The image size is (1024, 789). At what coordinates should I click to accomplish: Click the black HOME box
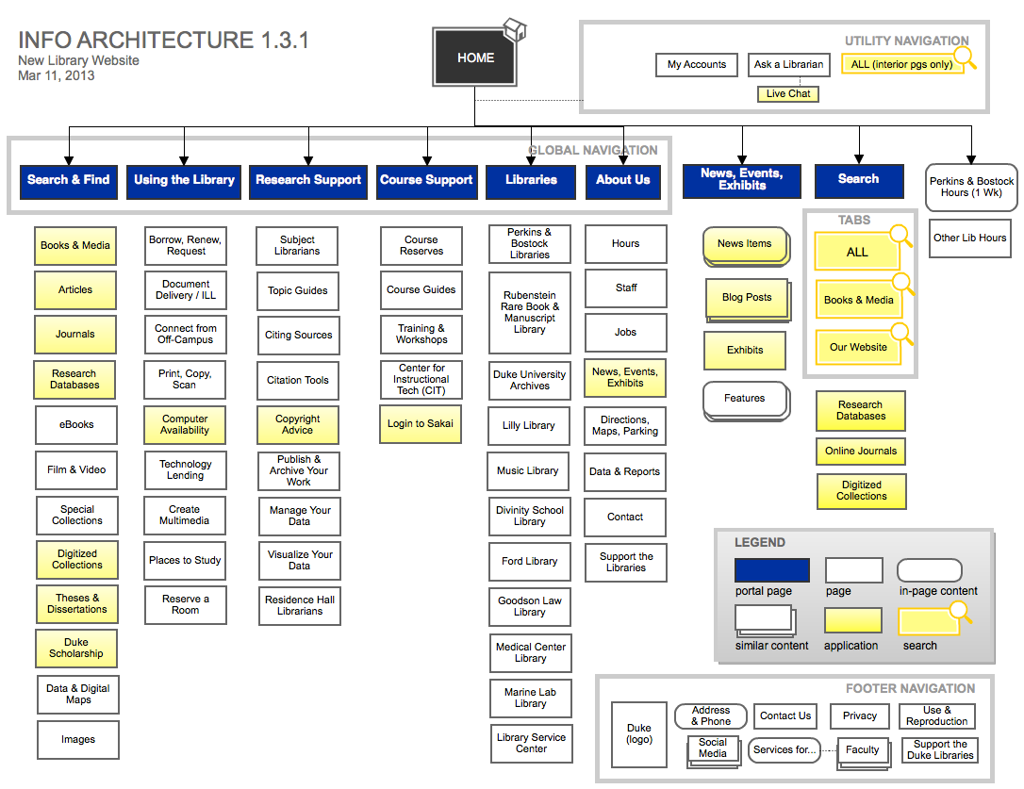(475, 58)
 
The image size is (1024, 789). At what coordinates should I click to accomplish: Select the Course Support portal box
(426, 180)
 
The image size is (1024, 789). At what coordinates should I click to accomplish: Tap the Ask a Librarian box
(788, 65)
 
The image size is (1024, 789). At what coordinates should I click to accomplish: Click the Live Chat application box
(788, 94)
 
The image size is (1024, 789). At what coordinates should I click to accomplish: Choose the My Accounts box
(696, 65)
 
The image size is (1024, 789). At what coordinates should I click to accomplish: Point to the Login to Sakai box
(421, 424)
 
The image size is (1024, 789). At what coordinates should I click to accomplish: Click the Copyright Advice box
(297, 425)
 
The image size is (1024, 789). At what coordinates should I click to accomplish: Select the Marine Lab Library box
(530, 699)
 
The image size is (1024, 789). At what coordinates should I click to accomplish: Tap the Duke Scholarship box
(75, 649)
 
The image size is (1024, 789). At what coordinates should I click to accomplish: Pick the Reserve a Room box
(186, 605)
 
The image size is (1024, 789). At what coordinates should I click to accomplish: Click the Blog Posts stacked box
(746, 298)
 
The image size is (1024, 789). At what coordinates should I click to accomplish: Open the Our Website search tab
(858, 347)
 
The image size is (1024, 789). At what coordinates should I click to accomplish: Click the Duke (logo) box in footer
(638, 734)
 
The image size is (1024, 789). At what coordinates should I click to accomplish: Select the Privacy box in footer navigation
(859, 716)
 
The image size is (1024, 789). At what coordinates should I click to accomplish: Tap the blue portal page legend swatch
(771, 570)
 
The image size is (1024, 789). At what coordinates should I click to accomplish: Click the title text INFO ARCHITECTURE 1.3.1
(163, 41)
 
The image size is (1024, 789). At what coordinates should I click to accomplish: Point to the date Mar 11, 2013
(56, 75)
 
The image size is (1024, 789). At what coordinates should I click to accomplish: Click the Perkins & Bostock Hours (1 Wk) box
(971, 187)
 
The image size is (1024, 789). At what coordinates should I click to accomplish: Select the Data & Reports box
(624, 472)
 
